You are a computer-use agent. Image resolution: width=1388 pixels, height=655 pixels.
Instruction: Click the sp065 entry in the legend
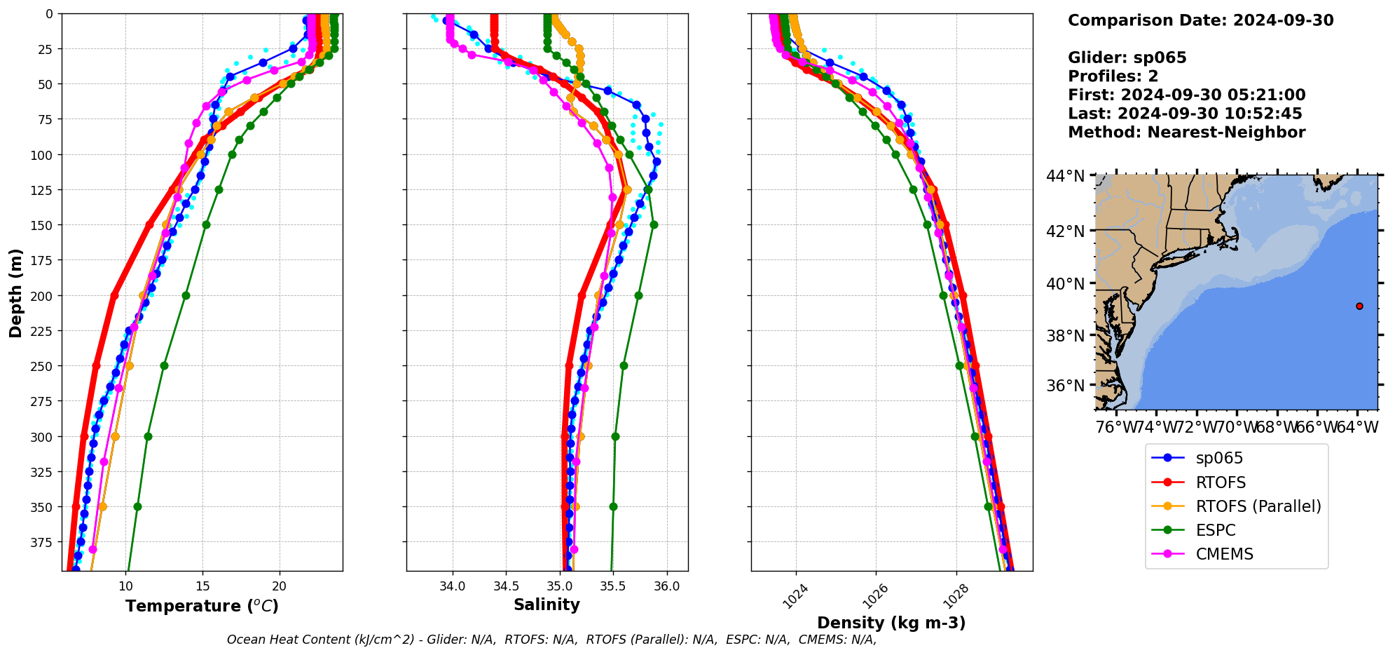coord(1218,459)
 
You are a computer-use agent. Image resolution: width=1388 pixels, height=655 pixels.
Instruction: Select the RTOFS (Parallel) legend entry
coord(1258,506)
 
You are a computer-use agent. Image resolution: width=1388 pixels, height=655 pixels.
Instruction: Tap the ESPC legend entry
coord(1215,530)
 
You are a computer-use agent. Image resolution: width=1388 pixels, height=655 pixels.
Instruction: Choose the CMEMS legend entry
coord(1224,554)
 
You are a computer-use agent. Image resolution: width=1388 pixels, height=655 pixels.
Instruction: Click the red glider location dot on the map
coord(1359,306)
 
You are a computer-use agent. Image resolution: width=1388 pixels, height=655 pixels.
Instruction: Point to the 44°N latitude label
coord(1066,176)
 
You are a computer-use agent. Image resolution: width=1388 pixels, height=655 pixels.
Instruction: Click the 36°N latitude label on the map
coord(1066,386)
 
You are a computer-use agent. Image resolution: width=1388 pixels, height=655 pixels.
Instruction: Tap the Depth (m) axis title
coord(16,292)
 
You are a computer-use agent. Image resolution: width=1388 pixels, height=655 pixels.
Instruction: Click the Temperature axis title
coord(202,606)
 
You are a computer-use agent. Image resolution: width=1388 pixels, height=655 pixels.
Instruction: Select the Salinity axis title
coord(547,605)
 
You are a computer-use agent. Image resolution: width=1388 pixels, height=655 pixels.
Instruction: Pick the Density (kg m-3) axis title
coord(891,623)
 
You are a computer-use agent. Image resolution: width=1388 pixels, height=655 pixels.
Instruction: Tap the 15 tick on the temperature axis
coord(202,586)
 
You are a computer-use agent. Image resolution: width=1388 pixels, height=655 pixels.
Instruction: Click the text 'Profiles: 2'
coord(1113,76)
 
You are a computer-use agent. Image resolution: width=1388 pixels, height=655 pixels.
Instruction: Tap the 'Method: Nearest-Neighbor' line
coord(1186,133)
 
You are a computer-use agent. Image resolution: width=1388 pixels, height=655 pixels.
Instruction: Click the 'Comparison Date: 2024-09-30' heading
coord(1200,20)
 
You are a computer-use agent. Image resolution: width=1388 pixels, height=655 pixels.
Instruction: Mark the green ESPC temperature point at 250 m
coord(164,365)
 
